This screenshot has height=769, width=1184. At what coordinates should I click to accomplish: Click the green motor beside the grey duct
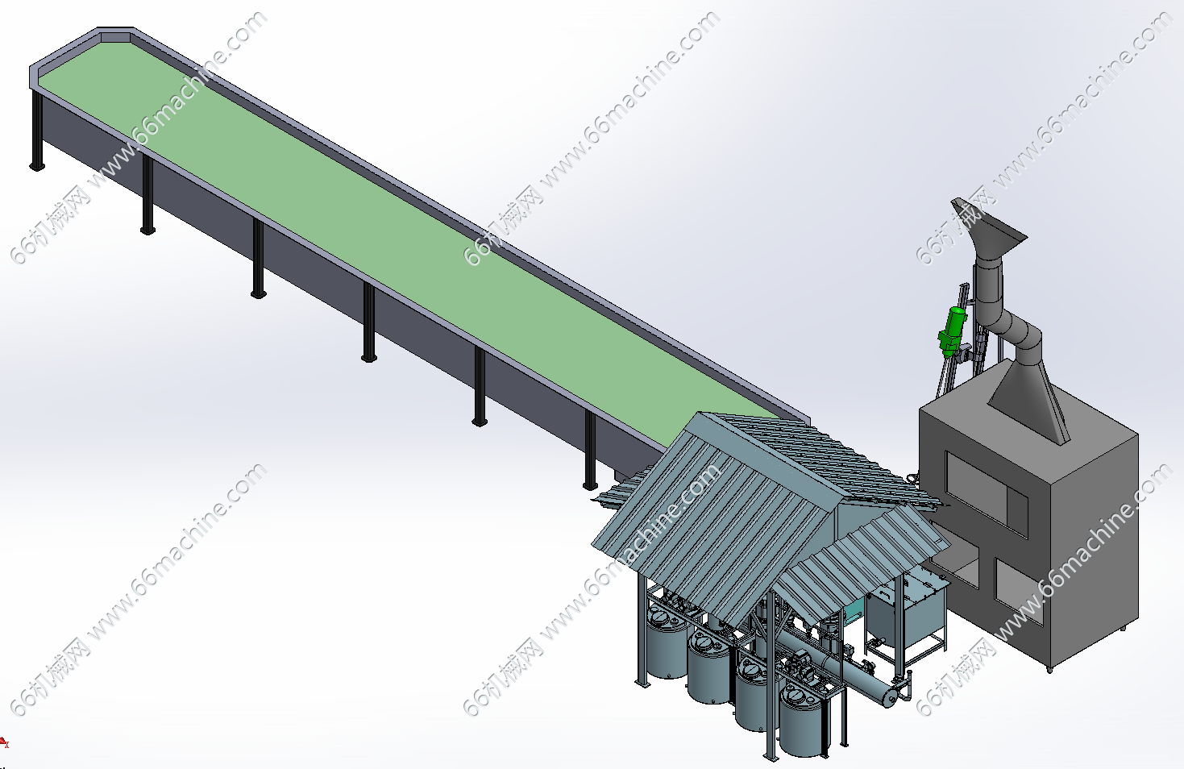tap(951, 331)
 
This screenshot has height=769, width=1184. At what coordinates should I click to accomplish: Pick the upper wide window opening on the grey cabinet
tap(987, 494)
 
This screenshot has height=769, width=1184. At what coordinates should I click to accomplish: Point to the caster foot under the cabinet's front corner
tap(1049, 670)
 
